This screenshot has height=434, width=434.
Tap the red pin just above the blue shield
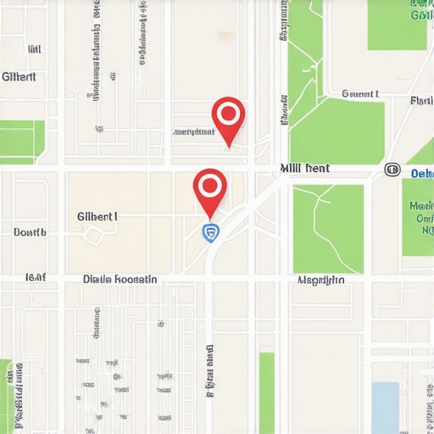210,186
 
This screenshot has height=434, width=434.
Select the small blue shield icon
210,231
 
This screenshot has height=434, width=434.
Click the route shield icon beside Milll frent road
392,170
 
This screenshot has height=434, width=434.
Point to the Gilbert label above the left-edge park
19,76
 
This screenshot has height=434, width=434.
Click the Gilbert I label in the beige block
97,217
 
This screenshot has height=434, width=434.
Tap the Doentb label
30,231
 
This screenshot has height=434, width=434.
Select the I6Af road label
35,276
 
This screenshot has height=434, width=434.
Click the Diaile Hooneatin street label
120,278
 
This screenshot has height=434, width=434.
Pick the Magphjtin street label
321,279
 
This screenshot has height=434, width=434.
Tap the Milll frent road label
305,169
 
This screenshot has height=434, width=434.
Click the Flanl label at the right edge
420,101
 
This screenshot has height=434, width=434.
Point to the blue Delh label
421,173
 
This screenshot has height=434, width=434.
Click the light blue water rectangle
385,406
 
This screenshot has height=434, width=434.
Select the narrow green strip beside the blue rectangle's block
266,392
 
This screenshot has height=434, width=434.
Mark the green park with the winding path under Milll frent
328,228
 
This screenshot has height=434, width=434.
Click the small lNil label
35,50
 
